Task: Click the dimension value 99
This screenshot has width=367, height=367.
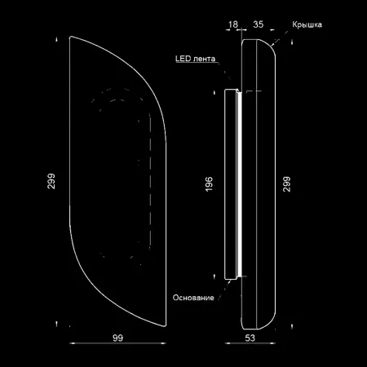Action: (x=117, y=338)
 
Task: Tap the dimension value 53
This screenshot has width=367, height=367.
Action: (x=250, y=338)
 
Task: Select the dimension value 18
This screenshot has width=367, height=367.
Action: (x=233, y=24)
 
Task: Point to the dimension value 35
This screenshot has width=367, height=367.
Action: (x=259, y=24)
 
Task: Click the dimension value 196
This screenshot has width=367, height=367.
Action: (x=209, y=184)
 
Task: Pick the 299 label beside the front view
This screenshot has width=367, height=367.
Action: (x=51, y=181)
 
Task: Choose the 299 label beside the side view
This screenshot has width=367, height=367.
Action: (x=287, y=184)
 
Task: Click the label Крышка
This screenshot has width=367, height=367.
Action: (x=307, y=24)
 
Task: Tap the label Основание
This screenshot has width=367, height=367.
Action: (x=193, y=298)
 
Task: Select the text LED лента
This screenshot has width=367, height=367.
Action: (x=195, y=59)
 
